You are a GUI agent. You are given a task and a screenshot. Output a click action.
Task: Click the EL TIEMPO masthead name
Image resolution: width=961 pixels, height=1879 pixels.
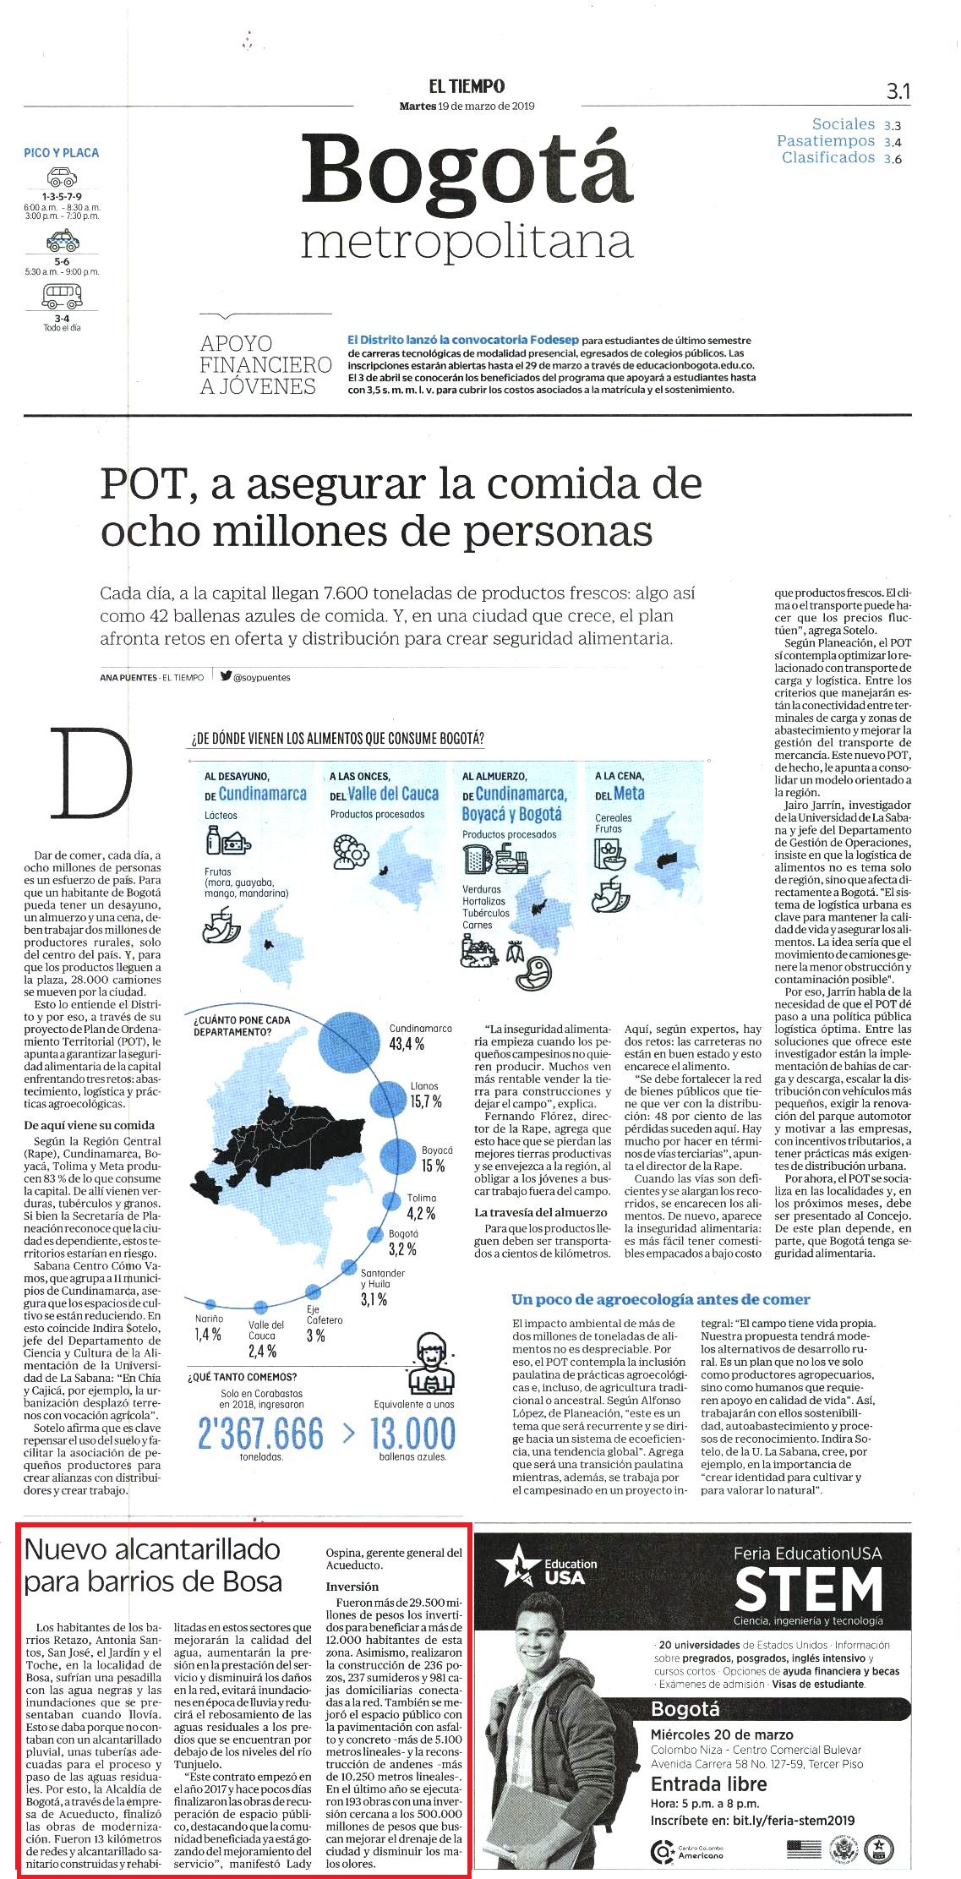[467, 85]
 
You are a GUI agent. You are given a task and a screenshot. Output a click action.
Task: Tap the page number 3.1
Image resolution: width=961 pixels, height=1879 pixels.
[898, 91]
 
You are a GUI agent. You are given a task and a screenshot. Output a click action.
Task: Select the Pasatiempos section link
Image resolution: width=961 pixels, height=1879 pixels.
[826, 141]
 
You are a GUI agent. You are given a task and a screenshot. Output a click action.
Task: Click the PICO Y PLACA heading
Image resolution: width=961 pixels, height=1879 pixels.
[62, 153]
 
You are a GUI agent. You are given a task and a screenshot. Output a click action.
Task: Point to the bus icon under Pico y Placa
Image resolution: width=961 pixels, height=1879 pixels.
[62, 296]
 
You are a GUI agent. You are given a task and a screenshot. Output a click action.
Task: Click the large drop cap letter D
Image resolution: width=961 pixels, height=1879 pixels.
[91, 773]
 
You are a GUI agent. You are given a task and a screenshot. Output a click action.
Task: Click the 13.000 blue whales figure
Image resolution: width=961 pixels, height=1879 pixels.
[413, 1434]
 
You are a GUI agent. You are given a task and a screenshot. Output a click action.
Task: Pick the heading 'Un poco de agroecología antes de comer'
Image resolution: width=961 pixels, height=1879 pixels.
[661, 1299]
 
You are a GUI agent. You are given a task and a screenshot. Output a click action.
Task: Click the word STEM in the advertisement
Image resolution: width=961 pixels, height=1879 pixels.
[808, 1589]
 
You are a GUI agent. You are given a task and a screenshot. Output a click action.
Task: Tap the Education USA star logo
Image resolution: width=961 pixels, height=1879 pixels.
[517, 1567]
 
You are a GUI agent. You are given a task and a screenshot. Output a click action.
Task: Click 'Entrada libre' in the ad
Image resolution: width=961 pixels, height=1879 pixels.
[709, 1783]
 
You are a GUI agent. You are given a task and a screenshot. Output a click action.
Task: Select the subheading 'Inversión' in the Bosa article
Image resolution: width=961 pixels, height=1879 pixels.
[352, 1587]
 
